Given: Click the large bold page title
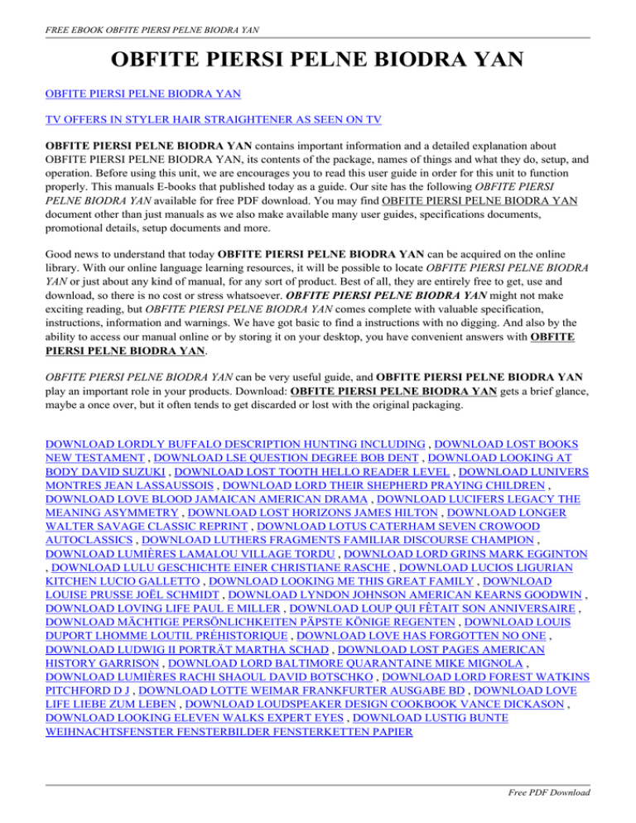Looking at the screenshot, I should (318, 60).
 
